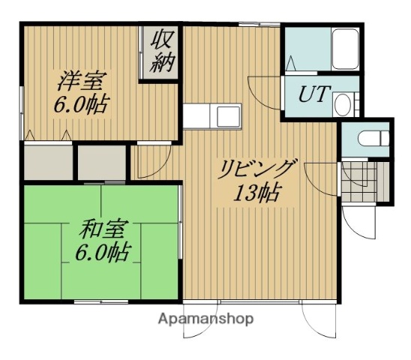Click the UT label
(311, 95)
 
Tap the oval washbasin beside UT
(343, 104)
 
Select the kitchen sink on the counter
(224, 115)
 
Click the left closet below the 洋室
(48, 161)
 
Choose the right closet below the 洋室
(101, 160)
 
